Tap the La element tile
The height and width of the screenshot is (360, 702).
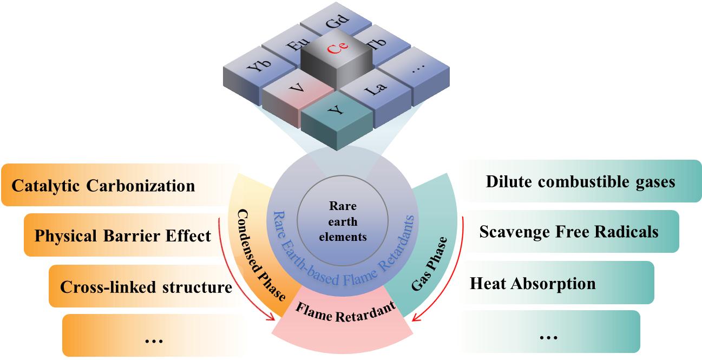click(376, 89)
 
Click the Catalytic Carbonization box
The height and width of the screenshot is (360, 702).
click(103, 186)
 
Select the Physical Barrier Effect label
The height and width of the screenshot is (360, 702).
click(122, 235)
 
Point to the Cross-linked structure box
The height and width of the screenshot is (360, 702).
click(146, 286)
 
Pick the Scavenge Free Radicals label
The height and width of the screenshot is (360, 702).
click(568, 232)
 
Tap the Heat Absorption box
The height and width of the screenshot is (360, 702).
click(533, 283)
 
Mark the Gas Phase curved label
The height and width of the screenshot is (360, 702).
click(430, 263)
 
